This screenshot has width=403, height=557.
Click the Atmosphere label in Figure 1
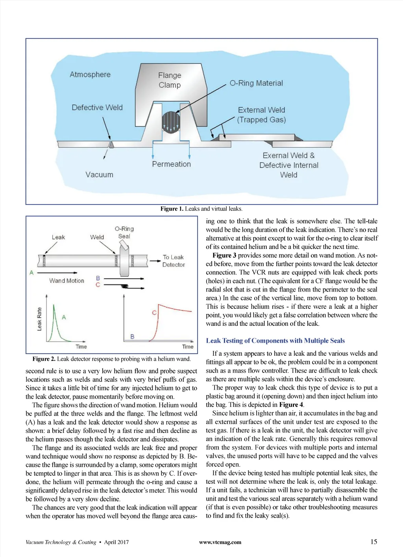[x=90, y=74]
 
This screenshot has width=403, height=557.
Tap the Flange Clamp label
[x=170, y=80]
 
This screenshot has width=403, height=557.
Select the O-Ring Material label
[x=256, y=83]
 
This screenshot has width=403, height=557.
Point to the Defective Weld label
[x=97, y=108]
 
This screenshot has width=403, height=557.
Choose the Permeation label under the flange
[x=171, y=164]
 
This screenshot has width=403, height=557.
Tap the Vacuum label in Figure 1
[x=99, y=175]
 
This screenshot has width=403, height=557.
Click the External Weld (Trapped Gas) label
[x=261, y=115]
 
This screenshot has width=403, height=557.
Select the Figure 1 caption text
[x=201, y=209]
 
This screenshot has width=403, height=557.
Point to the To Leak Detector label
[x=174, y=261]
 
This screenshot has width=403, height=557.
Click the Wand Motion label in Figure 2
[x=67, y=280]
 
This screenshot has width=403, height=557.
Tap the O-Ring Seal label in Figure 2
[x=124, y=232]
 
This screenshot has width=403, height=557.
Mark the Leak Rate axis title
[x=39, y=319]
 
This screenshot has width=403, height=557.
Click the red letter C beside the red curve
[x=154, y=312]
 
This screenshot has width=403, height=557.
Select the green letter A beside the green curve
[x=64, y=317]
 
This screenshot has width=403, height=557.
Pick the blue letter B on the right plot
[x=132, y=336]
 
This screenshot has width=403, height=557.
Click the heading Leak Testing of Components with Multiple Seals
[x=275, y=341]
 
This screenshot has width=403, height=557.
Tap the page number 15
[x=373, y=542]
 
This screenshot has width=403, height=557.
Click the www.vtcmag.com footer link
[x=220, y=542]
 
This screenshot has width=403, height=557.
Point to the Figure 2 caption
[x=111, y=359]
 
